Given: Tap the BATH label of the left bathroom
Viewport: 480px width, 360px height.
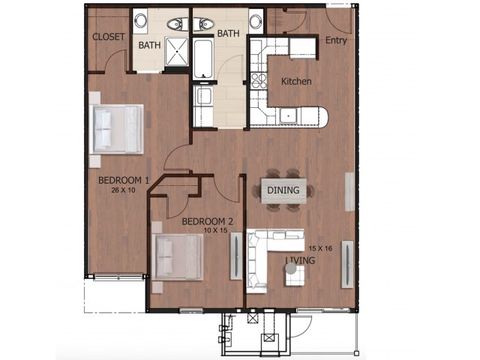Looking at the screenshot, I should (x=149, y=45).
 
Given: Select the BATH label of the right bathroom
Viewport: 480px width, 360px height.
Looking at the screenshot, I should (x=229, y=33).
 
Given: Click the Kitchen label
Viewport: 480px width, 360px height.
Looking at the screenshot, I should (x=297, y=81).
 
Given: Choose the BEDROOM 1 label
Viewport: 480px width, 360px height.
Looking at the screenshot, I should (x=123, y=181).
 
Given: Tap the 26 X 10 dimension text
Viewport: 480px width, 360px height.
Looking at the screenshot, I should (x=123, y=191).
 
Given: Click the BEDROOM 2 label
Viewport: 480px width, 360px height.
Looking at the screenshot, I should (x=208, y=221).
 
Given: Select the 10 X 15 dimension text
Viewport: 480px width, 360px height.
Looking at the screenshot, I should (x=208, y=231).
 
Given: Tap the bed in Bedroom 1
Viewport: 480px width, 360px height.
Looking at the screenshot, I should (x=116, y=128).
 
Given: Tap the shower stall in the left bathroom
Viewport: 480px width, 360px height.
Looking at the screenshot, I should (x=177, y=54).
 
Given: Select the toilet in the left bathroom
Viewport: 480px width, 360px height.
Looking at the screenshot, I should (x=177, y=23).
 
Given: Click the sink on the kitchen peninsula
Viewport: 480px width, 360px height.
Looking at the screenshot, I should (x=291, y=117).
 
